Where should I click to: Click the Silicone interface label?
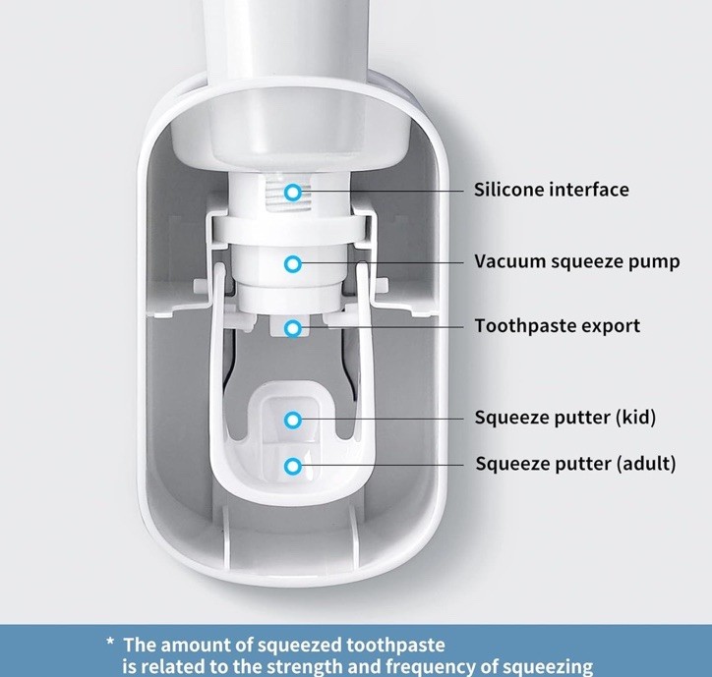(x=551, y=190)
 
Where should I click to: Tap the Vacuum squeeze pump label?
(x=576, y=262)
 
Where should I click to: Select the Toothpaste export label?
(x=557, y=325)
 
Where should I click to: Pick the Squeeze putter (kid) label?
(x=564, y=417)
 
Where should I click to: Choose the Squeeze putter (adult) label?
(x=575, y=462)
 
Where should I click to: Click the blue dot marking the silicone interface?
(x=292, y=192)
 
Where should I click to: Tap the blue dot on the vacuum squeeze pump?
(x=292, y=263)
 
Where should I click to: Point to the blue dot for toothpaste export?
(x=292, y=327)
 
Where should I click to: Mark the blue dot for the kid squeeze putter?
(x=292, y=420)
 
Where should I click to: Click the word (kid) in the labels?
(x=635, y=417)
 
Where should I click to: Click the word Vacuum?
(x=506, y=262)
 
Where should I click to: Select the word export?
(x=612, y=326)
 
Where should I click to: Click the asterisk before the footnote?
(x=111, y=646)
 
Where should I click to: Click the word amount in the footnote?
(x=194, y=645)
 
